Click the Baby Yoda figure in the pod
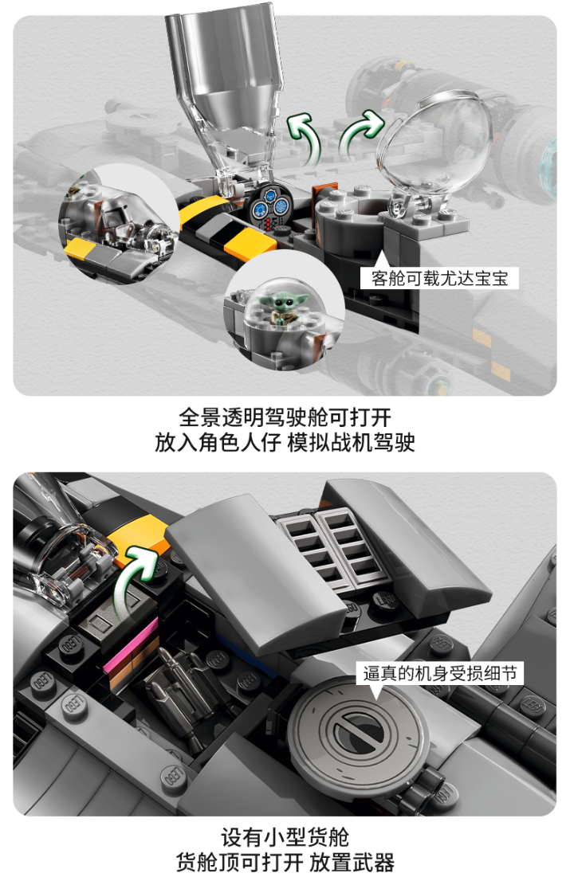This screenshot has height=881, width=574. pos(285,308)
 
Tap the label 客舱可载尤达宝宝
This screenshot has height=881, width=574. pos(439,278)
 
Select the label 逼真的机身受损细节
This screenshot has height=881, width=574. pos(439,673)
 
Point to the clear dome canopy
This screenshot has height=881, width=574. pos(434,145)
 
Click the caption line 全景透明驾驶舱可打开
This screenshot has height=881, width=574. pos(285,417)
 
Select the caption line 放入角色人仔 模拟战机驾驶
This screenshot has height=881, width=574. pos(285,443)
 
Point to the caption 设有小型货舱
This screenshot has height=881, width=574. pos(285,837)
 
